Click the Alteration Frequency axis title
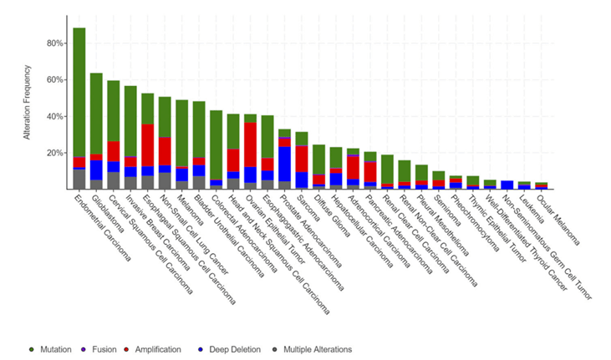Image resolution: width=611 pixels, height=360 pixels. click(x=27, y=109)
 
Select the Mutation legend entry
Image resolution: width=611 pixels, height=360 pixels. click(x=52, y=349)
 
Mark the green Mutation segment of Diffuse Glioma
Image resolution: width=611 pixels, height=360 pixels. click(x=318, y=160)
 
